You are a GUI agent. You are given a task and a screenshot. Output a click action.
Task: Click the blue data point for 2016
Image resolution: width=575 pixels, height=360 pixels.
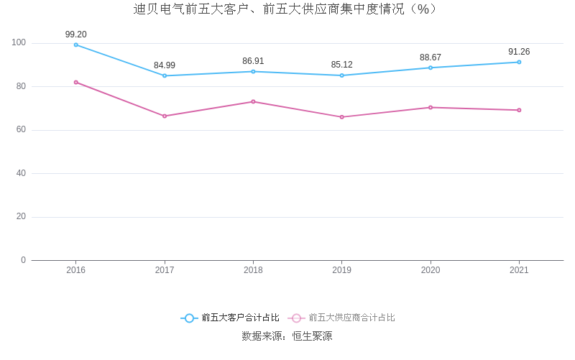(75, 45)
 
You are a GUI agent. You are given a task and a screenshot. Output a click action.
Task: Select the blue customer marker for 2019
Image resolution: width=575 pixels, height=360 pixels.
(341, 75)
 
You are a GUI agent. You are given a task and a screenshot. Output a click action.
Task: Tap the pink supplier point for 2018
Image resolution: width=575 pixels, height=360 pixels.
(253, 101)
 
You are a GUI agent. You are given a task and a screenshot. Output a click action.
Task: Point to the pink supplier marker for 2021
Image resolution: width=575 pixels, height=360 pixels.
(519, 110)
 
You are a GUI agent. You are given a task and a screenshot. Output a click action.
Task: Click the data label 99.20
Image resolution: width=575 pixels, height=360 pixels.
(75, 34)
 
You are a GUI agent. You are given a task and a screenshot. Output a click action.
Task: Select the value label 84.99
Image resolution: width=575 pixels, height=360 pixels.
(165, 65)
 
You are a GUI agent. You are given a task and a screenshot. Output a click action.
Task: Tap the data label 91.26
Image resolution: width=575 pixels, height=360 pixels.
(519, 52)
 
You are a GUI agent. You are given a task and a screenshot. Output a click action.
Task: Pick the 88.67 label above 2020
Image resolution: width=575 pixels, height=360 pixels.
(431, 57)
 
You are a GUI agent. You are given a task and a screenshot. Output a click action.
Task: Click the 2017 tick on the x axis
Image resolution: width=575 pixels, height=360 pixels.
(165, 270)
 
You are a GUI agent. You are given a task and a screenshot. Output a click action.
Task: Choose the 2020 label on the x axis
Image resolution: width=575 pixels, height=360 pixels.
(431, 270)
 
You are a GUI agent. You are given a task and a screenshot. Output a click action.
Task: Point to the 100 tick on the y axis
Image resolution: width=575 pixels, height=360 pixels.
(19, 43)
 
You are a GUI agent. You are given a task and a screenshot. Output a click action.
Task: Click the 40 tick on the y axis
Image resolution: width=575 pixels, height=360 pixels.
(21, 173)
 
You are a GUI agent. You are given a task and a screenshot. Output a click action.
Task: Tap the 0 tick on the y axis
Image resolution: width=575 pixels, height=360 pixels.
(23, 260)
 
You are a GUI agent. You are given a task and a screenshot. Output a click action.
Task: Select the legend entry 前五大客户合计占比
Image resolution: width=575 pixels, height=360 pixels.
(230, 318)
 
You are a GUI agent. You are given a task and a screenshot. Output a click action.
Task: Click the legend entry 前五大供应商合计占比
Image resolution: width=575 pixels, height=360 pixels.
(342, 318)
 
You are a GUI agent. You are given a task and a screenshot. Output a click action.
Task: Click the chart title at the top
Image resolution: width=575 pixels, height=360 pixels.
(287, 9)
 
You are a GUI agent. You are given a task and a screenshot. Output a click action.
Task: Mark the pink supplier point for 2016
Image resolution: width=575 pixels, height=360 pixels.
(75, 82)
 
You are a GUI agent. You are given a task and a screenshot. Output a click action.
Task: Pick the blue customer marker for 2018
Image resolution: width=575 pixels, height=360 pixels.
(253, 71)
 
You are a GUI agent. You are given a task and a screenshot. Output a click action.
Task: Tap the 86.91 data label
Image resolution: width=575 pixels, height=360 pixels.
(253, 61)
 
